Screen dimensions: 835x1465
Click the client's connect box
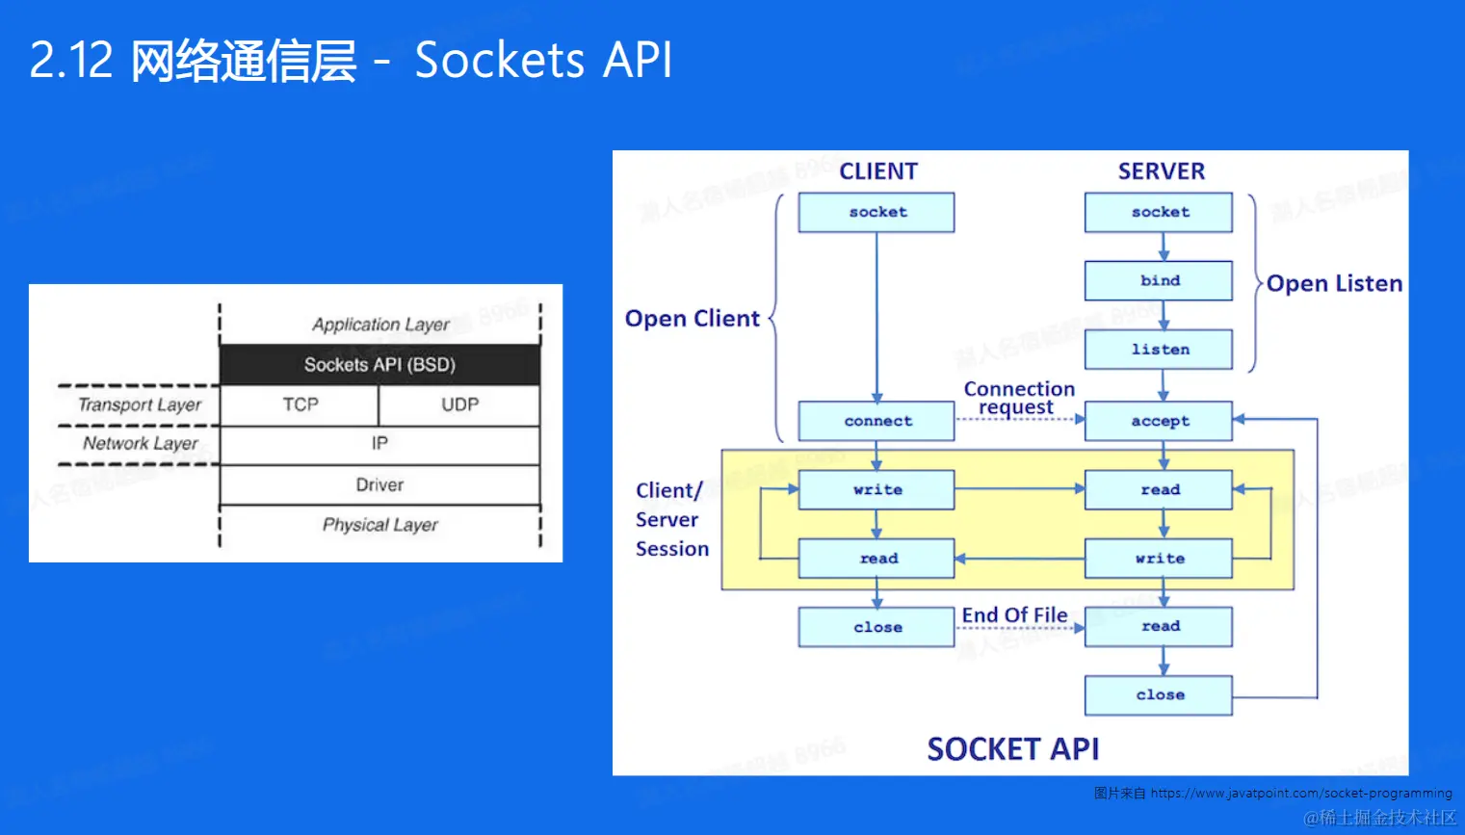[x=876, y=421]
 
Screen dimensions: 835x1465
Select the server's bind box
[x=1159, y=280]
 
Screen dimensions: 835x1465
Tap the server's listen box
[x=1159, y=350]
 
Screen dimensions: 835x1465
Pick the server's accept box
[x=1159, y=421]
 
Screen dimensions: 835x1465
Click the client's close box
[x=876, y=627]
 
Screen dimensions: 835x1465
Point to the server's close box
[x=1159, y=694]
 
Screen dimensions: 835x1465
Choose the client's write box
[x=876, y=489]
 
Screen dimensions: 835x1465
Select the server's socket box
[x=1159, y=212]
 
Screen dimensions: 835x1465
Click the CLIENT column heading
[x=878, y=171]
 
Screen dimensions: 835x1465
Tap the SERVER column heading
[x=1161, y=171]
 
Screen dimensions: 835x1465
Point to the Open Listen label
[x=1334, y=283]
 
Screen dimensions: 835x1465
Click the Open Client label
[x=693, y=319]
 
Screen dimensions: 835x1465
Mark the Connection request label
[x=1019, y=398]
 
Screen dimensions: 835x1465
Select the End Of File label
[x=1014, y=615]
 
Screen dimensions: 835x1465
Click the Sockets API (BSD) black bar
[x=379, y=365]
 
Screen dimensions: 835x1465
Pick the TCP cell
[x=300, y=404]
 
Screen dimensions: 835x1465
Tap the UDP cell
[x=459, y=404]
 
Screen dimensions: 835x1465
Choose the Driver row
[x=379, y=484]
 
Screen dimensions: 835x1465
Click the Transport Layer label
[x=140, y=404]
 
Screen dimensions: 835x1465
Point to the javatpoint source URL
[x=1300, y=794]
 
